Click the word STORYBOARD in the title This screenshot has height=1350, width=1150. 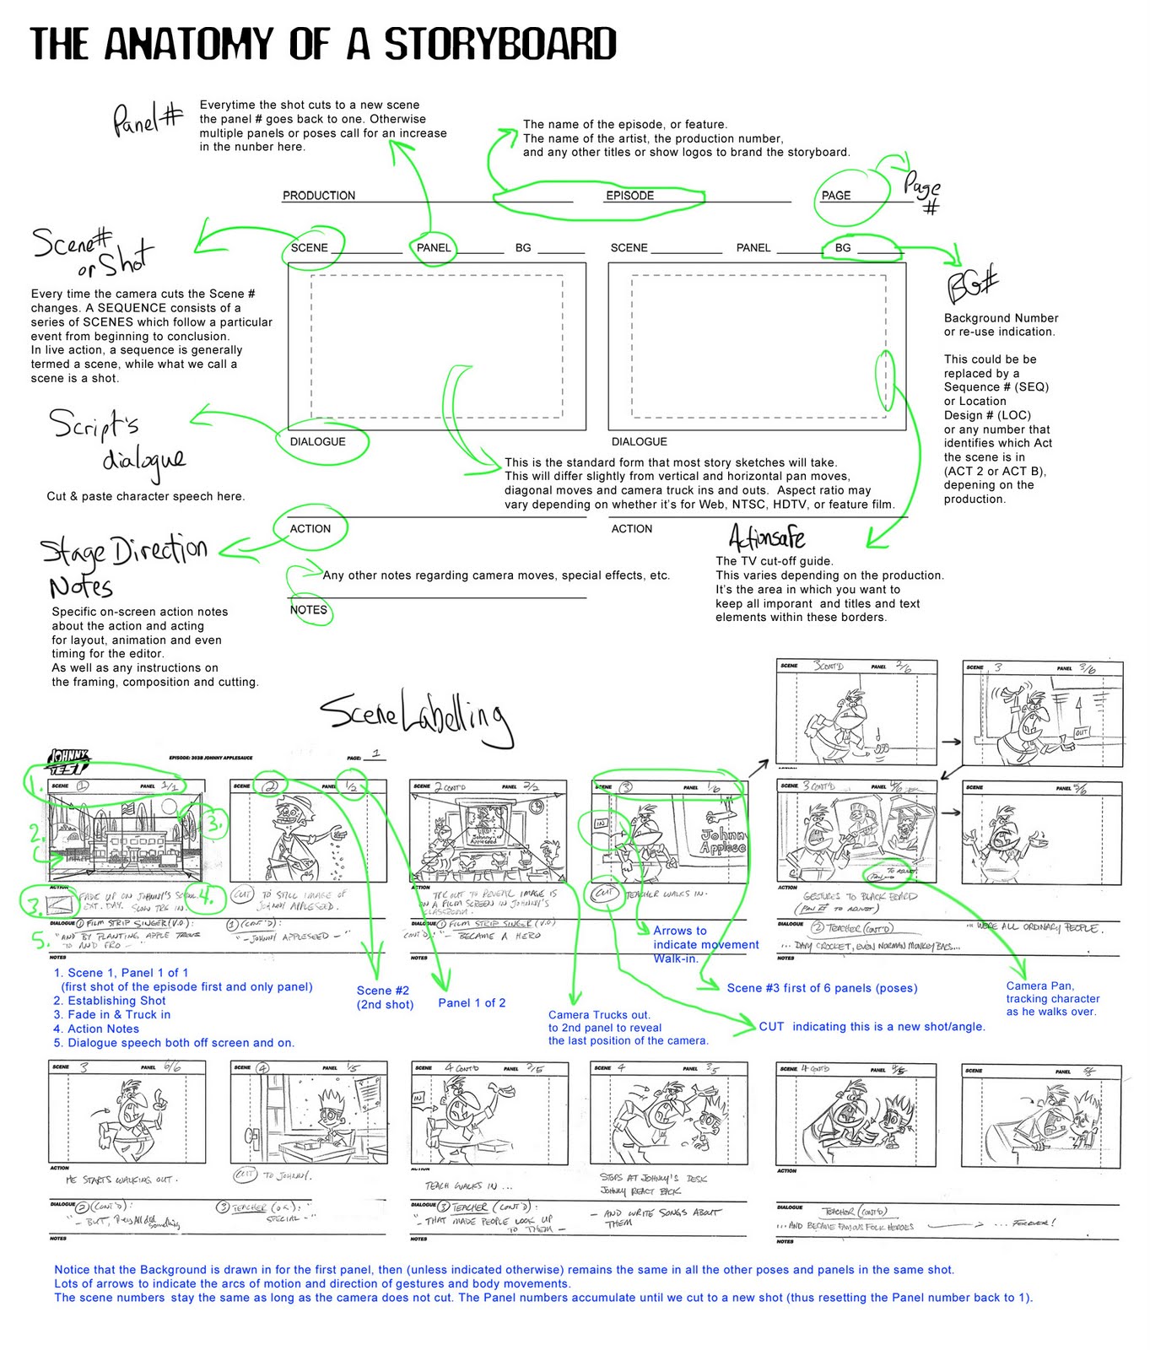[x=499, y=44]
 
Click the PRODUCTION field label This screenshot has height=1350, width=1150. [x=319, y=195]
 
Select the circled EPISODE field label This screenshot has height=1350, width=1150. [x=629, y=195]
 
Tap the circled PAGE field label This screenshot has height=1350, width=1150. [x=836, y=195]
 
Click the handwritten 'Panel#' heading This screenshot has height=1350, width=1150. [x=148, y=120]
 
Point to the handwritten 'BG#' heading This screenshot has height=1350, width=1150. [x=972, y=284]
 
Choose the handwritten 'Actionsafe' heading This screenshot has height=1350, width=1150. [x=766, y=537]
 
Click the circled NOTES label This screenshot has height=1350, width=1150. [x=308, y=609]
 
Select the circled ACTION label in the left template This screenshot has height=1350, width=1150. [x=310, y=528]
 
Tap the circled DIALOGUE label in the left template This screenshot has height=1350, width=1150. [x=317, y=441]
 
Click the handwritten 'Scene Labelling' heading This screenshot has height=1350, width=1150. [x=415, y=716]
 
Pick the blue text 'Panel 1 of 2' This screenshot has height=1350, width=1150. [x=472, y=1002]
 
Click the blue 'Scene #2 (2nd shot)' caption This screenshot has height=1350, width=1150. [x=384, y=997]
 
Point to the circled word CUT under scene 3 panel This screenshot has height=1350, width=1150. [x=605, y=893]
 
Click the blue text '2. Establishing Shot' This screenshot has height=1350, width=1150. [x=110, y=1001]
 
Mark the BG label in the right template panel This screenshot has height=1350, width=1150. [x=842, y=247]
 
